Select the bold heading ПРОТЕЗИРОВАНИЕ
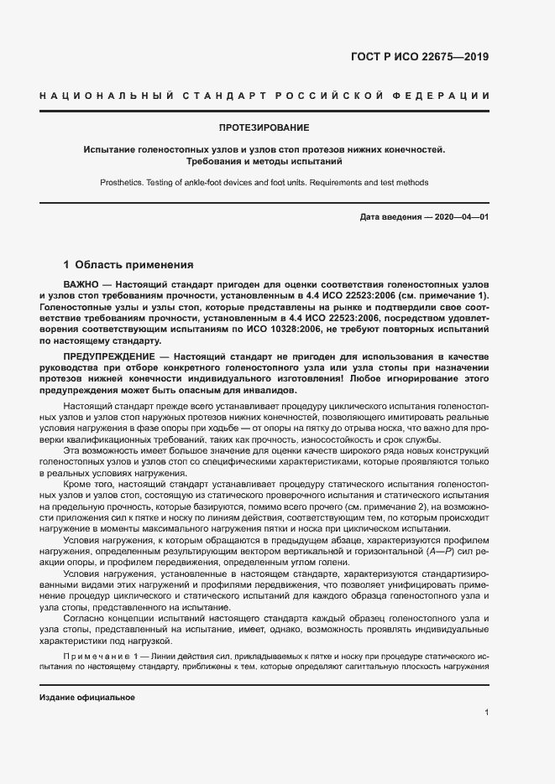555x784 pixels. pos(264,128)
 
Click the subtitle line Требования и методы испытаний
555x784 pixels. pos(264,161)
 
